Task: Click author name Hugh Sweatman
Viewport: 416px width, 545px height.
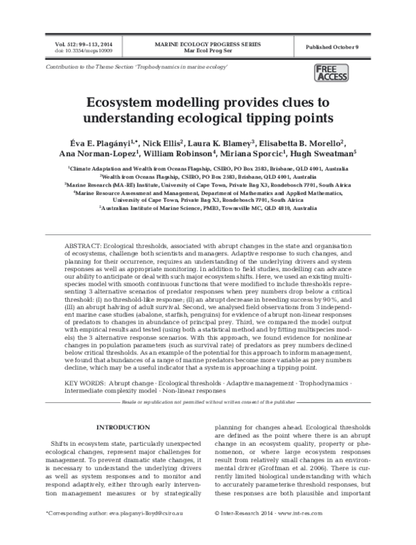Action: tap(327, 155)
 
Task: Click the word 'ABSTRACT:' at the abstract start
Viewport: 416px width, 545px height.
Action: tap(83, 246)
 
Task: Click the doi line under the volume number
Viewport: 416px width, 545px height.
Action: tap(76, 51)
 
